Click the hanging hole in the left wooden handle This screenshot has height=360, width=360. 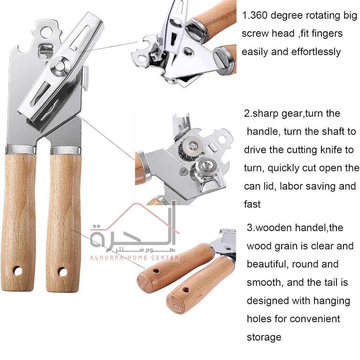pyautogui.click(x=18, y=270)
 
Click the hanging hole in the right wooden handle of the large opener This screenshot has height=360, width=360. pyautogui.click(x=62, y=272)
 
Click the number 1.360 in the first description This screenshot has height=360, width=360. pyautogui.click(x=255, y=15)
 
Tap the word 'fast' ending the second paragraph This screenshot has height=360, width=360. pyautogui.click(x=252, y=204)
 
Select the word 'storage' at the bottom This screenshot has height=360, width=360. pyautogui.click(x=264, y=337)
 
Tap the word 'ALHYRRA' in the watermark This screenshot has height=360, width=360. pyautogui.click(x=107, y=258)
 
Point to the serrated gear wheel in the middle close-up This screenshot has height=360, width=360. pyautogui.click(x=190, y=148)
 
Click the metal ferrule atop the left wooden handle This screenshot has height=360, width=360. pyautogui.click(x=21, y=150)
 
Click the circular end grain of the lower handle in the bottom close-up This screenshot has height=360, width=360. pyautogui.click(x=176, y=304)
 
